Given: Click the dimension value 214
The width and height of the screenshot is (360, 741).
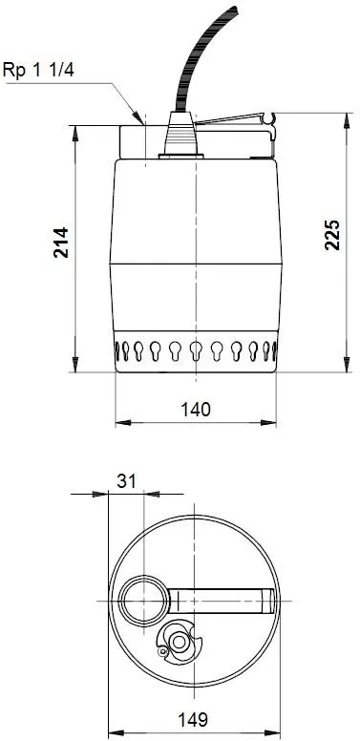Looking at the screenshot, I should point(60,245).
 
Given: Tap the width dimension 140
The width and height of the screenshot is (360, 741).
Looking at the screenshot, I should point(196,408).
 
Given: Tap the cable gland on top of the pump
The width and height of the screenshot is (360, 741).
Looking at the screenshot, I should point(179,140).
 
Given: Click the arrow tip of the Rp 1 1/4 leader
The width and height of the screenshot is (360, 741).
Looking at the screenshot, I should point(141,124).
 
